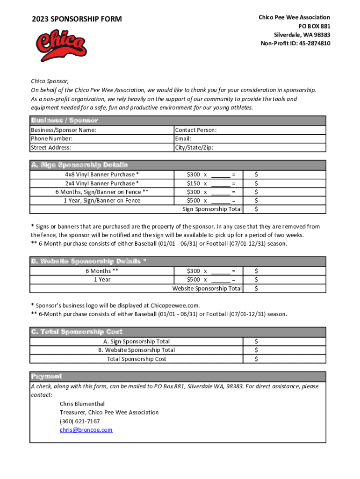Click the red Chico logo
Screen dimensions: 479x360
[61, 44]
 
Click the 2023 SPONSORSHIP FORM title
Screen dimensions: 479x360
[77, 19]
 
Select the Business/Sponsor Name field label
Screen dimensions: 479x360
[63, 130]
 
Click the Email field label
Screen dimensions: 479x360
[183, 139]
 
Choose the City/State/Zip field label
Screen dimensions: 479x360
[194, 148]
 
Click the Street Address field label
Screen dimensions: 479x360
[51, 148]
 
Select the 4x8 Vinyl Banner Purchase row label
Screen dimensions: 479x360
[101, 174]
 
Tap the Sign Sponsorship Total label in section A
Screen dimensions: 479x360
[212, 209]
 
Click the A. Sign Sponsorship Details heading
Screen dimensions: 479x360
[79, 165]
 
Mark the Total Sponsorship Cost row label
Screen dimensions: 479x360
[136, 359]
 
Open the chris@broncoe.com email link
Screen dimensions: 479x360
[86, 430]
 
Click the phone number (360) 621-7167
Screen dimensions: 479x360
[79, 421]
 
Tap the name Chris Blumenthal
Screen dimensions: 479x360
[82, 404]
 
